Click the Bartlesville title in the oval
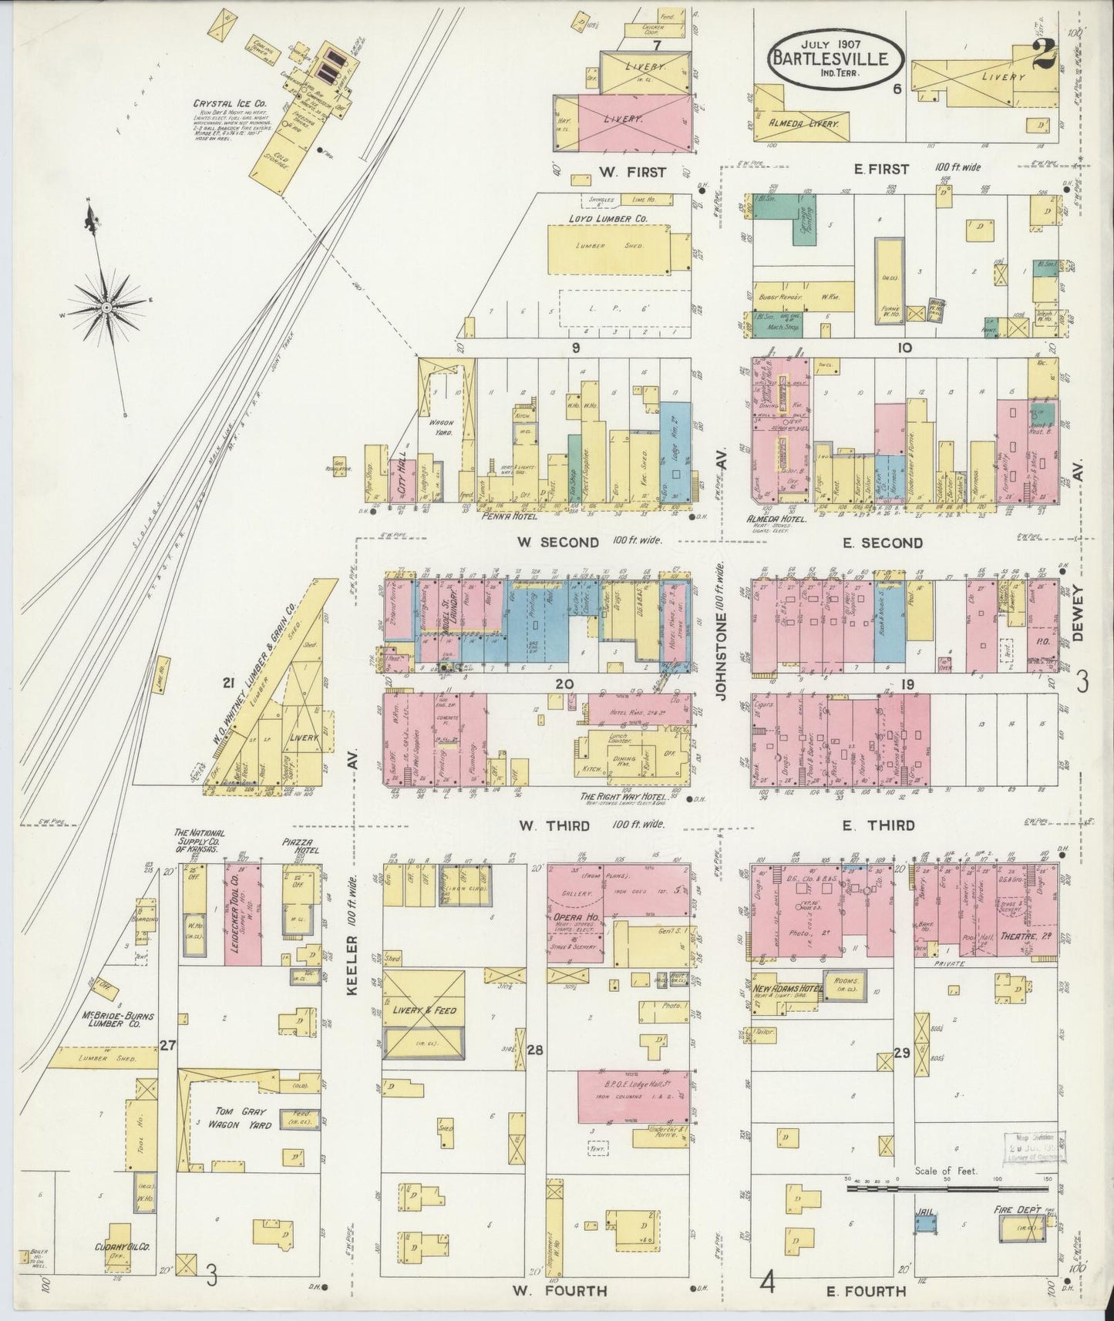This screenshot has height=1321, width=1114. [x=837, y=57]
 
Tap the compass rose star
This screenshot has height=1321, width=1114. [x=106, y=307]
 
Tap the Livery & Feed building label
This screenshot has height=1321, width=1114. [x=425, y=1010]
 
